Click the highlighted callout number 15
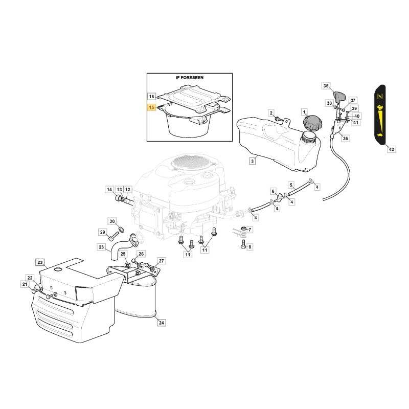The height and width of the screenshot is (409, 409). pos(151,107)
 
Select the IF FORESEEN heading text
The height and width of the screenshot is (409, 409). pos(190,78)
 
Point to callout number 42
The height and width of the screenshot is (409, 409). pos(391,149)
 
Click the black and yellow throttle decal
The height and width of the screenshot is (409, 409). pos(380,115)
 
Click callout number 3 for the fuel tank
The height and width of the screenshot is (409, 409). pos(252,161)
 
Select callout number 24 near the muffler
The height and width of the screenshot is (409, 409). pos(162,323)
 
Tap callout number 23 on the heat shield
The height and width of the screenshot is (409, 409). pos(40,262)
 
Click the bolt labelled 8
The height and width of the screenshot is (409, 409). pos(243,244)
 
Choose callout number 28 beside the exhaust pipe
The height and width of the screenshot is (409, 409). pos(101,247)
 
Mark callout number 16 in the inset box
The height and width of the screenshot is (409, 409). pos(151,97)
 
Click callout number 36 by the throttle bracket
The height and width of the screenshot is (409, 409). pos(346,138)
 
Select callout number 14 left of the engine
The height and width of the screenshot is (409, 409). pos(109,190)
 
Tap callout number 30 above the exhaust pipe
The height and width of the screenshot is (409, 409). pos(112,221)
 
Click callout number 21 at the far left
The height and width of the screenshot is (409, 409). pos(25,284)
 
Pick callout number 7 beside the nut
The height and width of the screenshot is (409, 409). pos(249,230)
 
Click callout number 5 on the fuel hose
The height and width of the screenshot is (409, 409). pos(291,185)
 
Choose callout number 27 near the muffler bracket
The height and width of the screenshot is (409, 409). pos(162,261)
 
